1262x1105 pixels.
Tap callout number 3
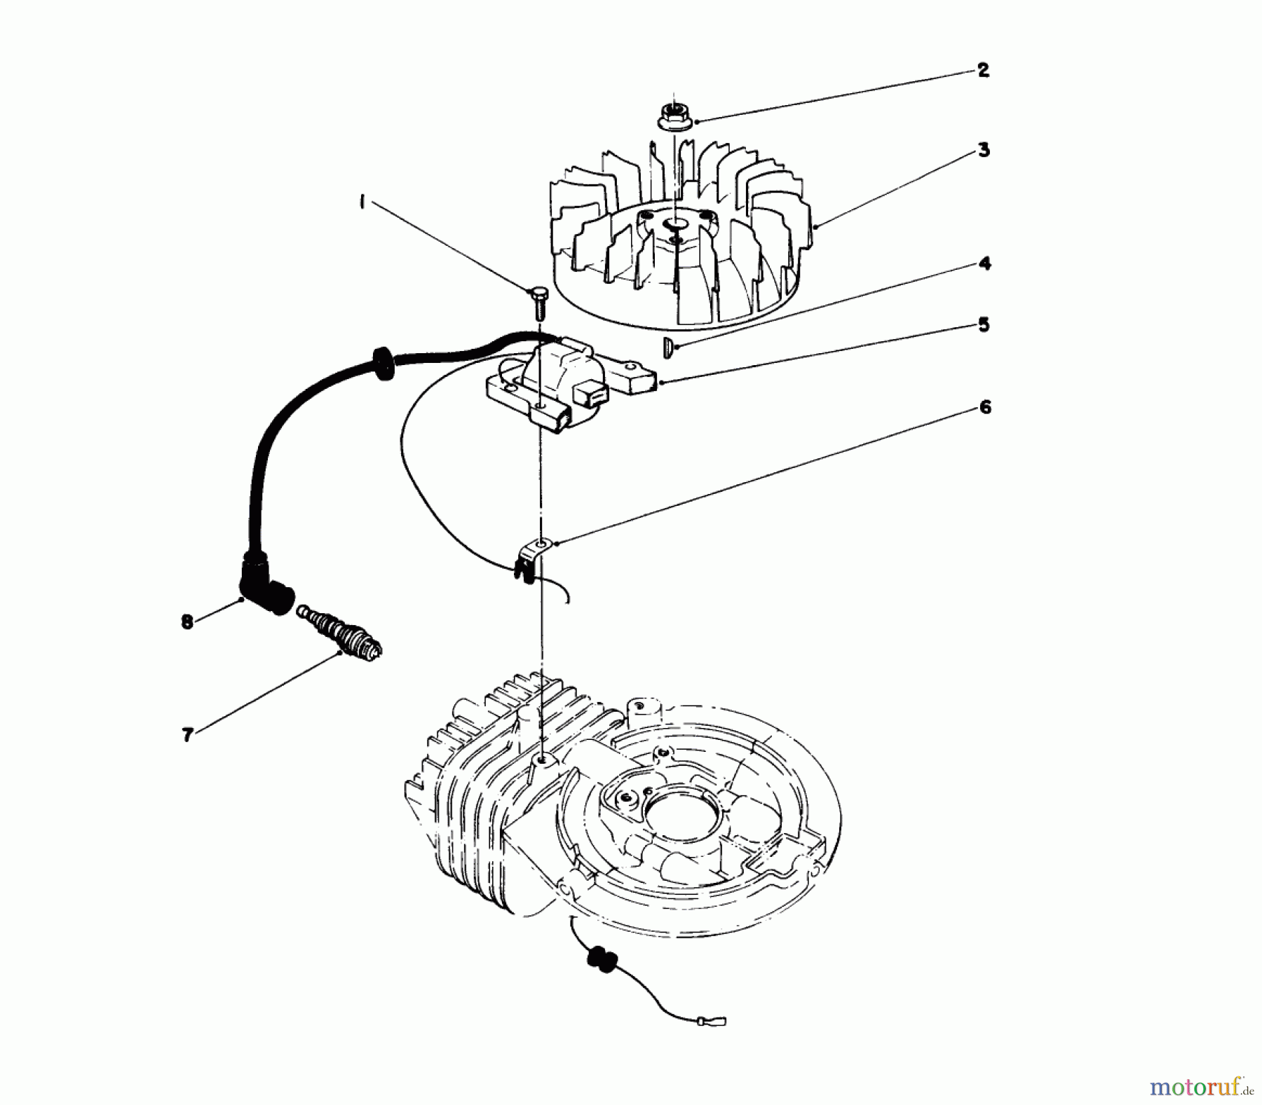984,150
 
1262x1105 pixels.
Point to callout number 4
984,264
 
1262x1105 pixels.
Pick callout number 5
984,325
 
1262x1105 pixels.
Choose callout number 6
985,408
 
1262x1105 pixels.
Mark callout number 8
187,622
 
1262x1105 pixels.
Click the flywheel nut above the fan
673,116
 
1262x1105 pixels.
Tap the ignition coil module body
561,389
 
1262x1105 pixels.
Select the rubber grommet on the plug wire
380,364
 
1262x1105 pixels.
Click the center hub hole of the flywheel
677,224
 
